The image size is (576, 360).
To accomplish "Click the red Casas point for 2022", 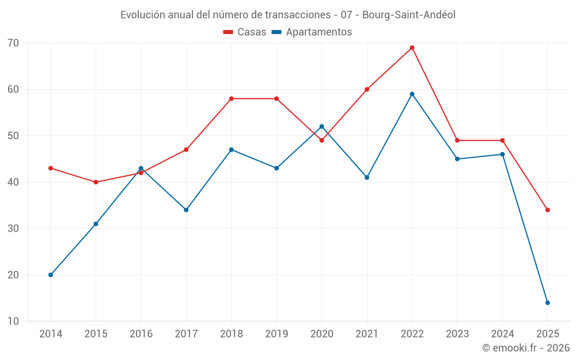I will pos(412,48).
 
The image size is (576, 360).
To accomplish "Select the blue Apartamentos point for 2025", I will pos(547,302).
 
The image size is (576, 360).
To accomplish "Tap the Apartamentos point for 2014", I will pos(51,275).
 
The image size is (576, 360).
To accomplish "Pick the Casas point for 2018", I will pos(232,98).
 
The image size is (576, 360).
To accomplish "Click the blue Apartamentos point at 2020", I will pos(321,127).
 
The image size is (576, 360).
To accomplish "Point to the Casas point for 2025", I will pos(547,210).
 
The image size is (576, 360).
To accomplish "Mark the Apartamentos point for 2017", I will pos(186,210).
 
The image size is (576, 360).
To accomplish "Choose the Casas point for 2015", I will pos(96,182).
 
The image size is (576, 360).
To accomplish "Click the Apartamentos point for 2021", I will pos(367,177).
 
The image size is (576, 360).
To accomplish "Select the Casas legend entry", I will pos(245,32).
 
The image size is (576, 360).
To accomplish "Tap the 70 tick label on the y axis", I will pos(13,43).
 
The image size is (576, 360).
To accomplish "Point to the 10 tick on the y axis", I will pos(13,321).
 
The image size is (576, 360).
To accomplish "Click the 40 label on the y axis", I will pos(13,182).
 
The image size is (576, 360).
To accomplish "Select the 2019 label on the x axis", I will pos(276,334).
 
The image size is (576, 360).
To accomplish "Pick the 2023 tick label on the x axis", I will pos(457,334).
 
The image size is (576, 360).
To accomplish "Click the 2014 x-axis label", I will pos(51,334).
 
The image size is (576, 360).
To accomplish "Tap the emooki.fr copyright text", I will pos(526,348).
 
